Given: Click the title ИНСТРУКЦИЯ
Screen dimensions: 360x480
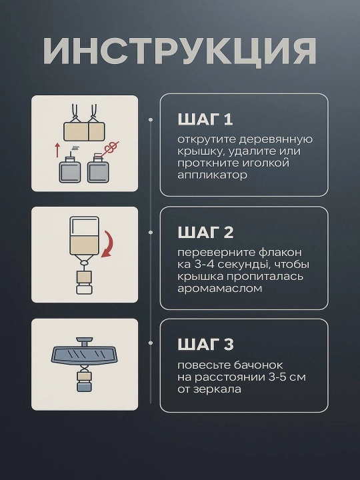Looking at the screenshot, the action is [x=180, y=51].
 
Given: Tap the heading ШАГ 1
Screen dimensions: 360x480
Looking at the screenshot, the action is [x=205, y=119].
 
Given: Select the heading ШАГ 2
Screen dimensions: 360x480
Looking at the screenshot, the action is [x=206, y=233].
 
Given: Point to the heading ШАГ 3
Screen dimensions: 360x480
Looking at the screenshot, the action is [x=206, y=345].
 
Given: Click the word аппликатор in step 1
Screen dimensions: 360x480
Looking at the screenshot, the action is [x=212, y=175].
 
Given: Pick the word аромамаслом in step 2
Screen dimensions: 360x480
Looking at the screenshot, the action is [x=220, y=289].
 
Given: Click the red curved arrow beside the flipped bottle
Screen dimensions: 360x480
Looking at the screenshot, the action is [x=107, y=244].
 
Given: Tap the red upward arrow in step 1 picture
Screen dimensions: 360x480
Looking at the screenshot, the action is [x=57, y=149].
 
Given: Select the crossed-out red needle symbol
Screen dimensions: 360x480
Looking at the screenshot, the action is [x=111, y=149].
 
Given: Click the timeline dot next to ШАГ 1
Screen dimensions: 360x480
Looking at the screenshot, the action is [x=151, y=120].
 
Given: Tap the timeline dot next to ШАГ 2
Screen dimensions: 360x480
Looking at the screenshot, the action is [x=151, y=233].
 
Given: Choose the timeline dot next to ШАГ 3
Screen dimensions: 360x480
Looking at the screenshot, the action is [x=151, y=343].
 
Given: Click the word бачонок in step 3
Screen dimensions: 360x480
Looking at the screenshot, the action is [x=259, y=365].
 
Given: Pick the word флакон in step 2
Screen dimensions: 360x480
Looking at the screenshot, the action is [x=281, y=253].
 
